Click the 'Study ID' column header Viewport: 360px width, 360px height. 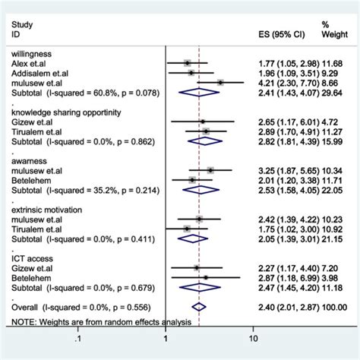21,30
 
